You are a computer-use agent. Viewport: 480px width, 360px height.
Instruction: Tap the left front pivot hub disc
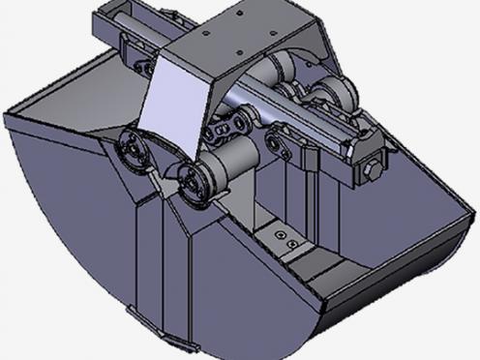(x=132, y=152)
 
